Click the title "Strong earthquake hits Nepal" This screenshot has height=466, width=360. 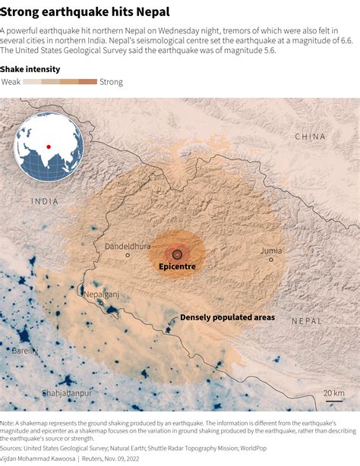85,11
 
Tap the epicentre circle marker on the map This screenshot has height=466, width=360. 177,254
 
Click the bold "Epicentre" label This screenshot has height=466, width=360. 177,267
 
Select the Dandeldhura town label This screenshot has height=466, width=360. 128,246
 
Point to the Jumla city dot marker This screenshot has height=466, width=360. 270,260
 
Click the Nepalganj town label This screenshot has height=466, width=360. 102,294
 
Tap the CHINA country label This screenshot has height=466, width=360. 310,137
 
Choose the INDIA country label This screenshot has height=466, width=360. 45,201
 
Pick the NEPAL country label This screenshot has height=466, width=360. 307,321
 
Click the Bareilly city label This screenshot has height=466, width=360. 24,351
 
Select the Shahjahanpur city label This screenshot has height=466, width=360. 66,393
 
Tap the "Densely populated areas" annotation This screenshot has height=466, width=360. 227,317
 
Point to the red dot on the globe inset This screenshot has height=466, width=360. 49,146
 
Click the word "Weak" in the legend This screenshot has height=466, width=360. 11,81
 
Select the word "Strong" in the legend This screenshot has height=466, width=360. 111,81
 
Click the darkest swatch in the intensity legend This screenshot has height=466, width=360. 88,81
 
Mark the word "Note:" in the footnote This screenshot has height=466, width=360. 9,423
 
